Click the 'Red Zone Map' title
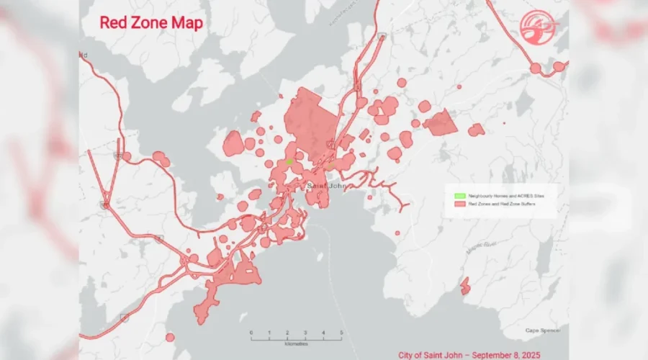(x=150, y=22)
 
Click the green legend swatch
(x=458, y=195)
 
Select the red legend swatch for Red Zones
(x=458, y=204)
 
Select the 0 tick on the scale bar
(x=251, y=332)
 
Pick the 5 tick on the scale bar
(x=341, y=332)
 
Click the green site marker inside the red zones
(x=289, y=162)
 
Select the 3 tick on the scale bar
(x=305, y=332)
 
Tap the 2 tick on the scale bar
(x=287, y=332)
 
